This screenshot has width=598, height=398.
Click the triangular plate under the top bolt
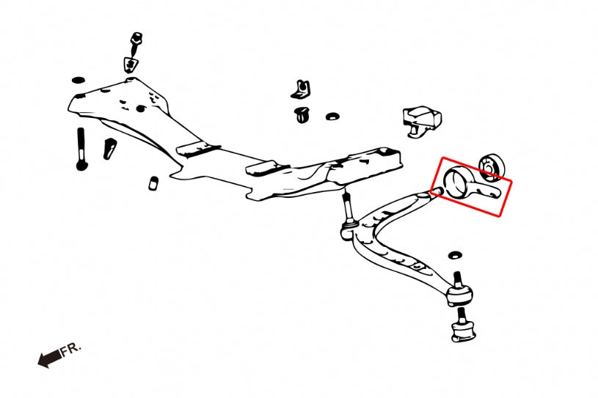pyautogui.click(x=131, y=64)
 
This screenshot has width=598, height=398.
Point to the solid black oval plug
pyautogui.click(x=79, y=81)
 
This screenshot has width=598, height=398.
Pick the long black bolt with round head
pyautogui.click(x=81, y=150)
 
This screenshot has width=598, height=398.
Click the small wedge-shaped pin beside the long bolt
pyautogui.click(x=109, y=149)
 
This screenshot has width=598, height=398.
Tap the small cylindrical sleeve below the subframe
pyautogui.click(x=153, y=183)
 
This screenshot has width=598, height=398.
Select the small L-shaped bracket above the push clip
pyautogui.click(x=301, y=89)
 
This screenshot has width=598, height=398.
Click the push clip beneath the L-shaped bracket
pyautogui.click(x=302, y=114)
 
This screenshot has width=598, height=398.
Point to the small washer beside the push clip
pyautogui.click(x=333, y=116)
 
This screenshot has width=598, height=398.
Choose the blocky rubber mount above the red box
pyautogui.click(x=422, y=120)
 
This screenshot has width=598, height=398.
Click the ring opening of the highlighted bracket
pyautogui.click(x=457, y=182)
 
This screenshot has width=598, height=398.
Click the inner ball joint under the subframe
pyautogui.click(x=348, y=228)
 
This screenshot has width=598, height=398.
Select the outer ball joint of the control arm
pyautogui.click(x=460, y=291)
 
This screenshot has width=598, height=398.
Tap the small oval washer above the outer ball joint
pyautogui.click(x=455, y=255)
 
